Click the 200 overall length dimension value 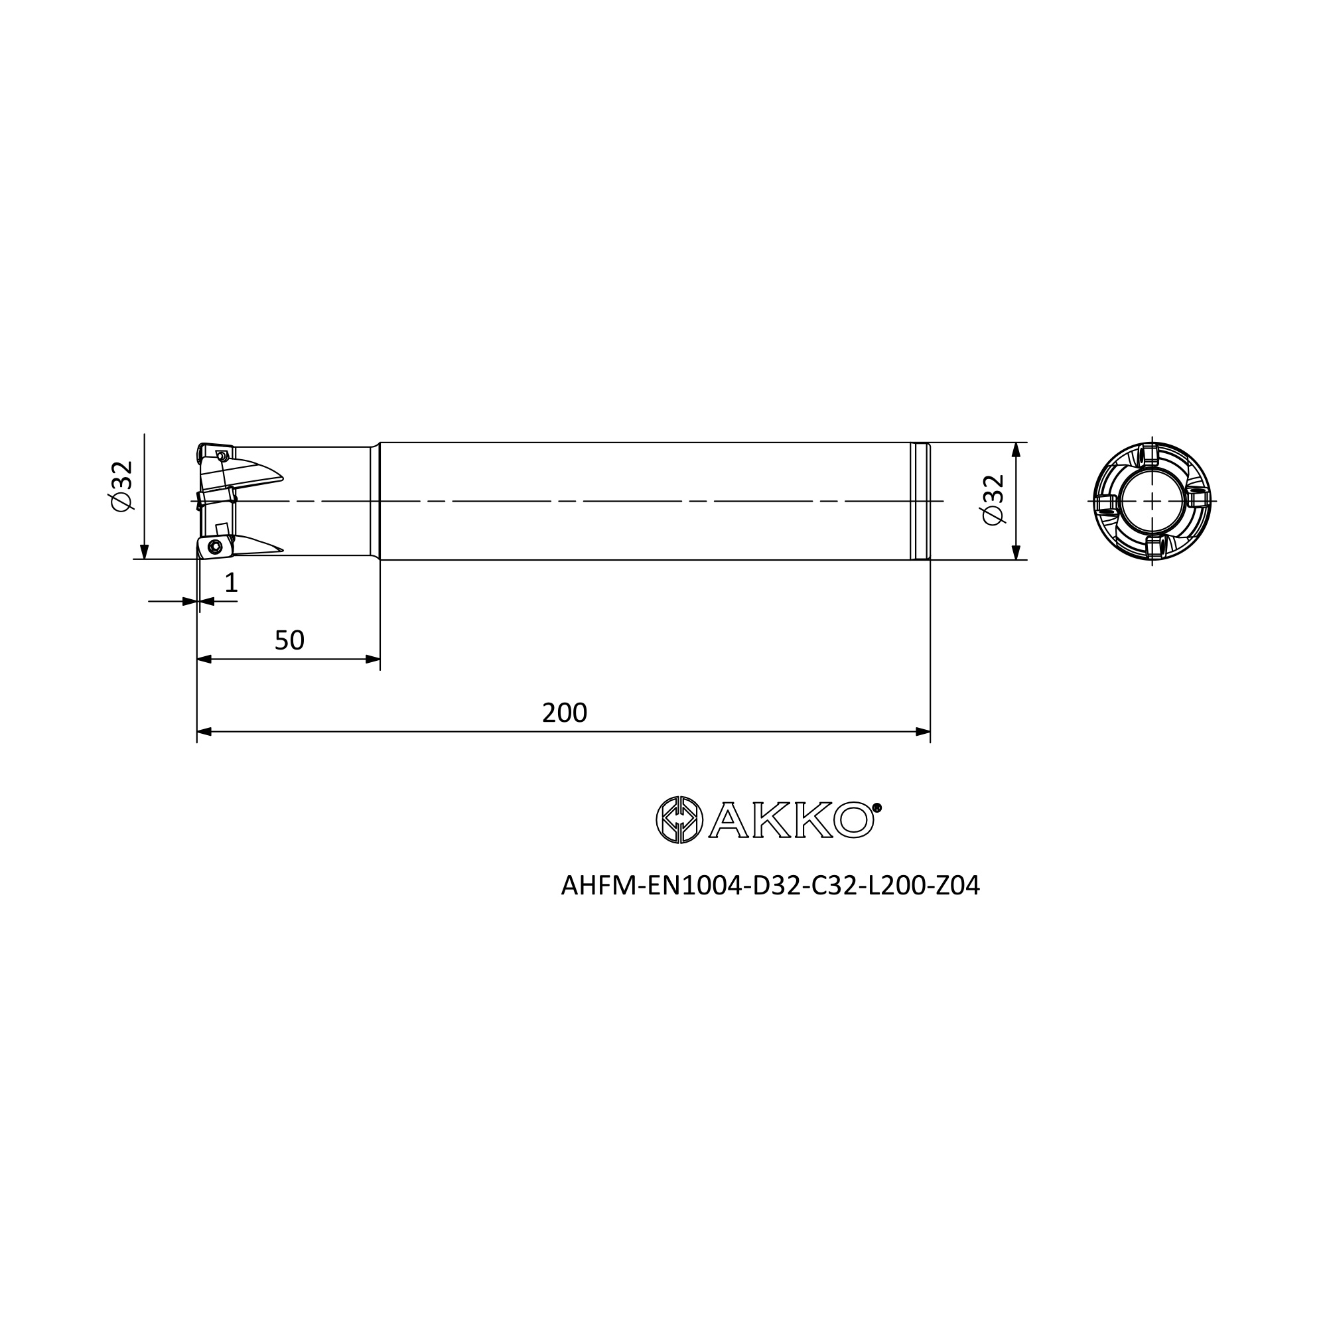(x=565, y=713)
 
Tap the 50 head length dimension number (x=289, y=640)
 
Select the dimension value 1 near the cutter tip (x=231, y=583)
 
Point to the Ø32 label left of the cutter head (x=121, y=486)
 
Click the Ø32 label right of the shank (x=994, y=500)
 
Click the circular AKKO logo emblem (x=679, y=819)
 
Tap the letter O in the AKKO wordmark (x=853, y=820)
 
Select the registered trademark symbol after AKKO (x=877, y=807)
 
